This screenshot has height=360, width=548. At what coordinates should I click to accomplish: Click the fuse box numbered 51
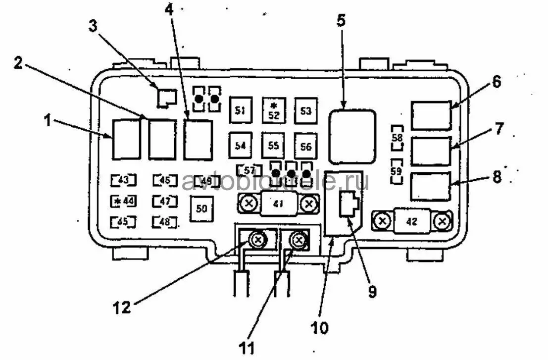point(241,110)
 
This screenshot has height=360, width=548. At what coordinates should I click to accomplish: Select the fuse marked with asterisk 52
point(273,110)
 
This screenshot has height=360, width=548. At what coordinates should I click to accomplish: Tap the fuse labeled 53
point(305,110)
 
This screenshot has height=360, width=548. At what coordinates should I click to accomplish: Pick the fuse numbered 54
point(241,146)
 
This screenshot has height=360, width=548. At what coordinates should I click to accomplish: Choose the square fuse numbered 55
point(273,146)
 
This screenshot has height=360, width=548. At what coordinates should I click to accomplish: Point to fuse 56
point(305,146)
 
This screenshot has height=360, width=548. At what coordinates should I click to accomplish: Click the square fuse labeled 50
point(201,208)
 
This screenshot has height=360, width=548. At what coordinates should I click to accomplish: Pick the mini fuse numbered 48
point(165,222)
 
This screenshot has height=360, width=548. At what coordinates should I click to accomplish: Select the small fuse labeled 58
point(397,138)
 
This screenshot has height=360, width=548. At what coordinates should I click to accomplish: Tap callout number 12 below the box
point(122,307)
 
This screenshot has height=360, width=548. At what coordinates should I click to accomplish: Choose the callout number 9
point(372,291)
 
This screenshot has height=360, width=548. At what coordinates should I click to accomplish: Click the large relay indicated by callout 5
point(352,137)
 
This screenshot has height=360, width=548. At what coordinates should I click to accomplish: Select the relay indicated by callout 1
point(126,139)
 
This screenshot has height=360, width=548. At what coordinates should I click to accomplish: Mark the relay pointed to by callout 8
point(430,186)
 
